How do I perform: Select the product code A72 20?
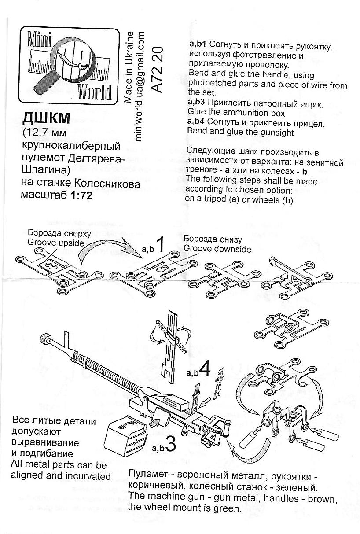coord(158,68)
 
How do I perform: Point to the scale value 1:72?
coord(81,196)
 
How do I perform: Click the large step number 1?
coord(161,245)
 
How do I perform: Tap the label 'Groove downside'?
coord(217,249)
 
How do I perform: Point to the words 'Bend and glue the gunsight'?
coord(240,131)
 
